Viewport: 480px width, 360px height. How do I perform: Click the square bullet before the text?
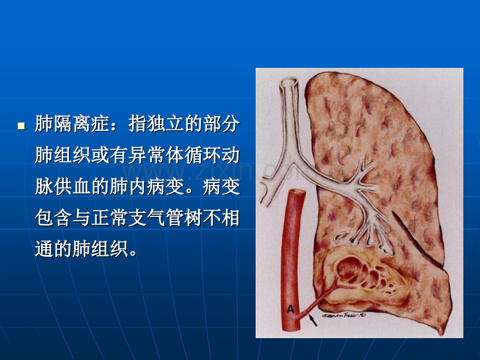click(x=21, y=126)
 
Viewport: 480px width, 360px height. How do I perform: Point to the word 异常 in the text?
click(x=149, y=156)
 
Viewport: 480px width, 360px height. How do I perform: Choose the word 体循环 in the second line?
click(x=195, y=156)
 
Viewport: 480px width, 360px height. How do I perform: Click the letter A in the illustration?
click(x=290, y=309)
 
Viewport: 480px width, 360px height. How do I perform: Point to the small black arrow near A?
click(x=314, y=319)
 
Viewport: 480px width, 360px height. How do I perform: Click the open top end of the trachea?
click(x=289, y=81)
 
